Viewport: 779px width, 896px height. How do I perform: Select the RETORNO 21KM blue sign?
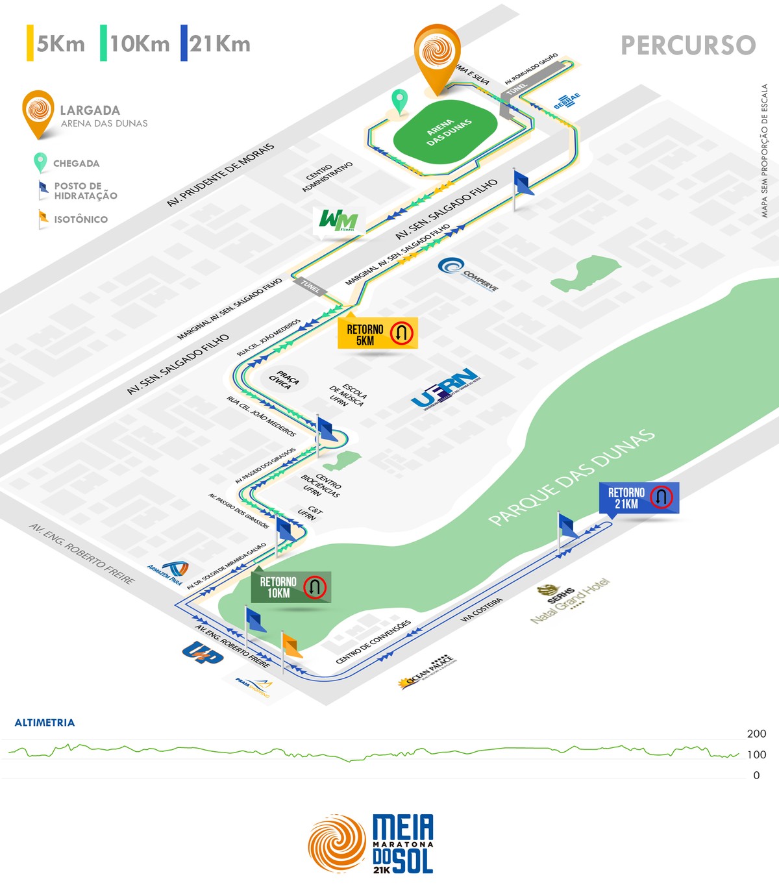[639, 498]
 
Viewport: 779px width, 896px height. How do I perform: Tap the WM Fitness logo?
[338, 221]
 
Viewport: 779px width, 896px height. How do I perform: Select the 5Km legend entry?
[56, 44]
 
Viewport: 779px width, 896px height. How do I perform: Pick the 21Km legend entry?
[216, 44]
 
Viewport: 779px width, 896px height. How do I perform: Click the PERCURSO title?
[688, 45]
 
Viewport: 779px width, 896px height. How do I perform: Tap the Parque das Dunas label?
[571, 477]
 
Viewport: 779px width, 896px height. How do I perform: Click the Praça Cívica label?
[284, 379]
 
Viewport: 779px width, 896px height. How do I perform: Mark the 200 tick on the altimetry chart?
[756, 734]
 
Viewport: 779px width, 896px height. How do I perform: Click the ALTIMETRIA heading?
[45, 722]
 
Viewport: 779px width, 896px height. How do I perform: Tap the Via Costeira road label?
[481, 610]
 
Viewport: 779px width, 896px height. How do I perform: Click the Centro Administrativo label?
[327, 177]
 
